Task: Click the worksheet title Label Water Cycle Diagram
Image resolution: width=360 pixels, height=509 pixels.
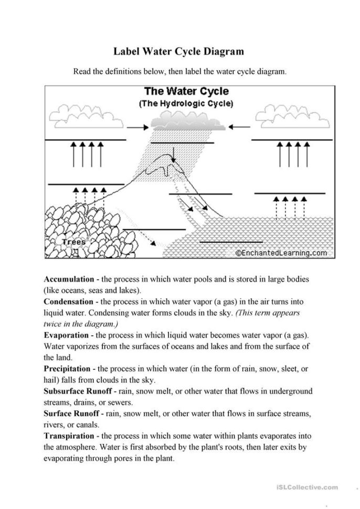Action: pos(179,51)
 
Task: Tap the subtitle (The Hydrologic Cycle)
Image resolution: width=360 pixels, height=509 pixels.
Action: pos(186,103)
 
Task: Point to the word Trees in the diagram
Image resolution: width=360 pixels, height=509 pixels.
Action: pos(73,242)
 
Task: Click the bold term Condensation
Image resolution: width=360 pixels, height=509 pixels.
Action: pos(68,302)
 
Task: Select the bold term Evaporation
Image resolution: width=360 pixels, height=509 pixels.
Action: pos(66,335)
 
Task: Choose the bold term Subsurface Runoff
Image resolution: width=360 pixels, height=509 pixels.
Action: pos(76,391)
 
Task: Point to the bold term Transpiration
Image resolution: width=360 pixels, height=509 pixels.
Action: pos(68,436)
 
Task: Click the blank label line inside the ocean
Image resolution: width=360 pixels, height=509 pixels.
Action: pos(231,242)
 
